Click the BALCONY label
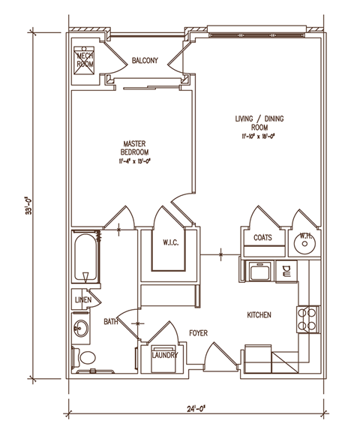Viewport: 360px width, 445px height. pyautogui.click(x=144, y=61)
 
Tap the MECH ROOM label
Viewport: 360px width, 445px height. pyautogui.click(x=84, y=60)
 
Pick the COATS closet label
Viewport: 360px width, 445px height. pyautogui.click(x=262, y=238)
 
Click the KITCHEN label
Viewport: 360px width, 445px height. pyautogui.click(x=259, y=314)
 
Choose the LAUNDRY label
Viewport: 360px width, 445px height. pyautogui.click(x=163, y=356)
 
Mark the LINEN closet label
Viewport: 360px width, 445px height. pyautogui.click(x=83, y=300)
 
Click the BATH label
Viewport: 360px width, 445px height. pyautogui.click(x=111, y=322)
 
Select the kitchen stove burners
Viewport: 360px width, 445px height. pyautogui.click(x=307, y=319)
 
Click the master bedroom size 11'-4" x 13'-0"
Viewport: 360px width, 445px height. pyautogui.click(x=133, y=160)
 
